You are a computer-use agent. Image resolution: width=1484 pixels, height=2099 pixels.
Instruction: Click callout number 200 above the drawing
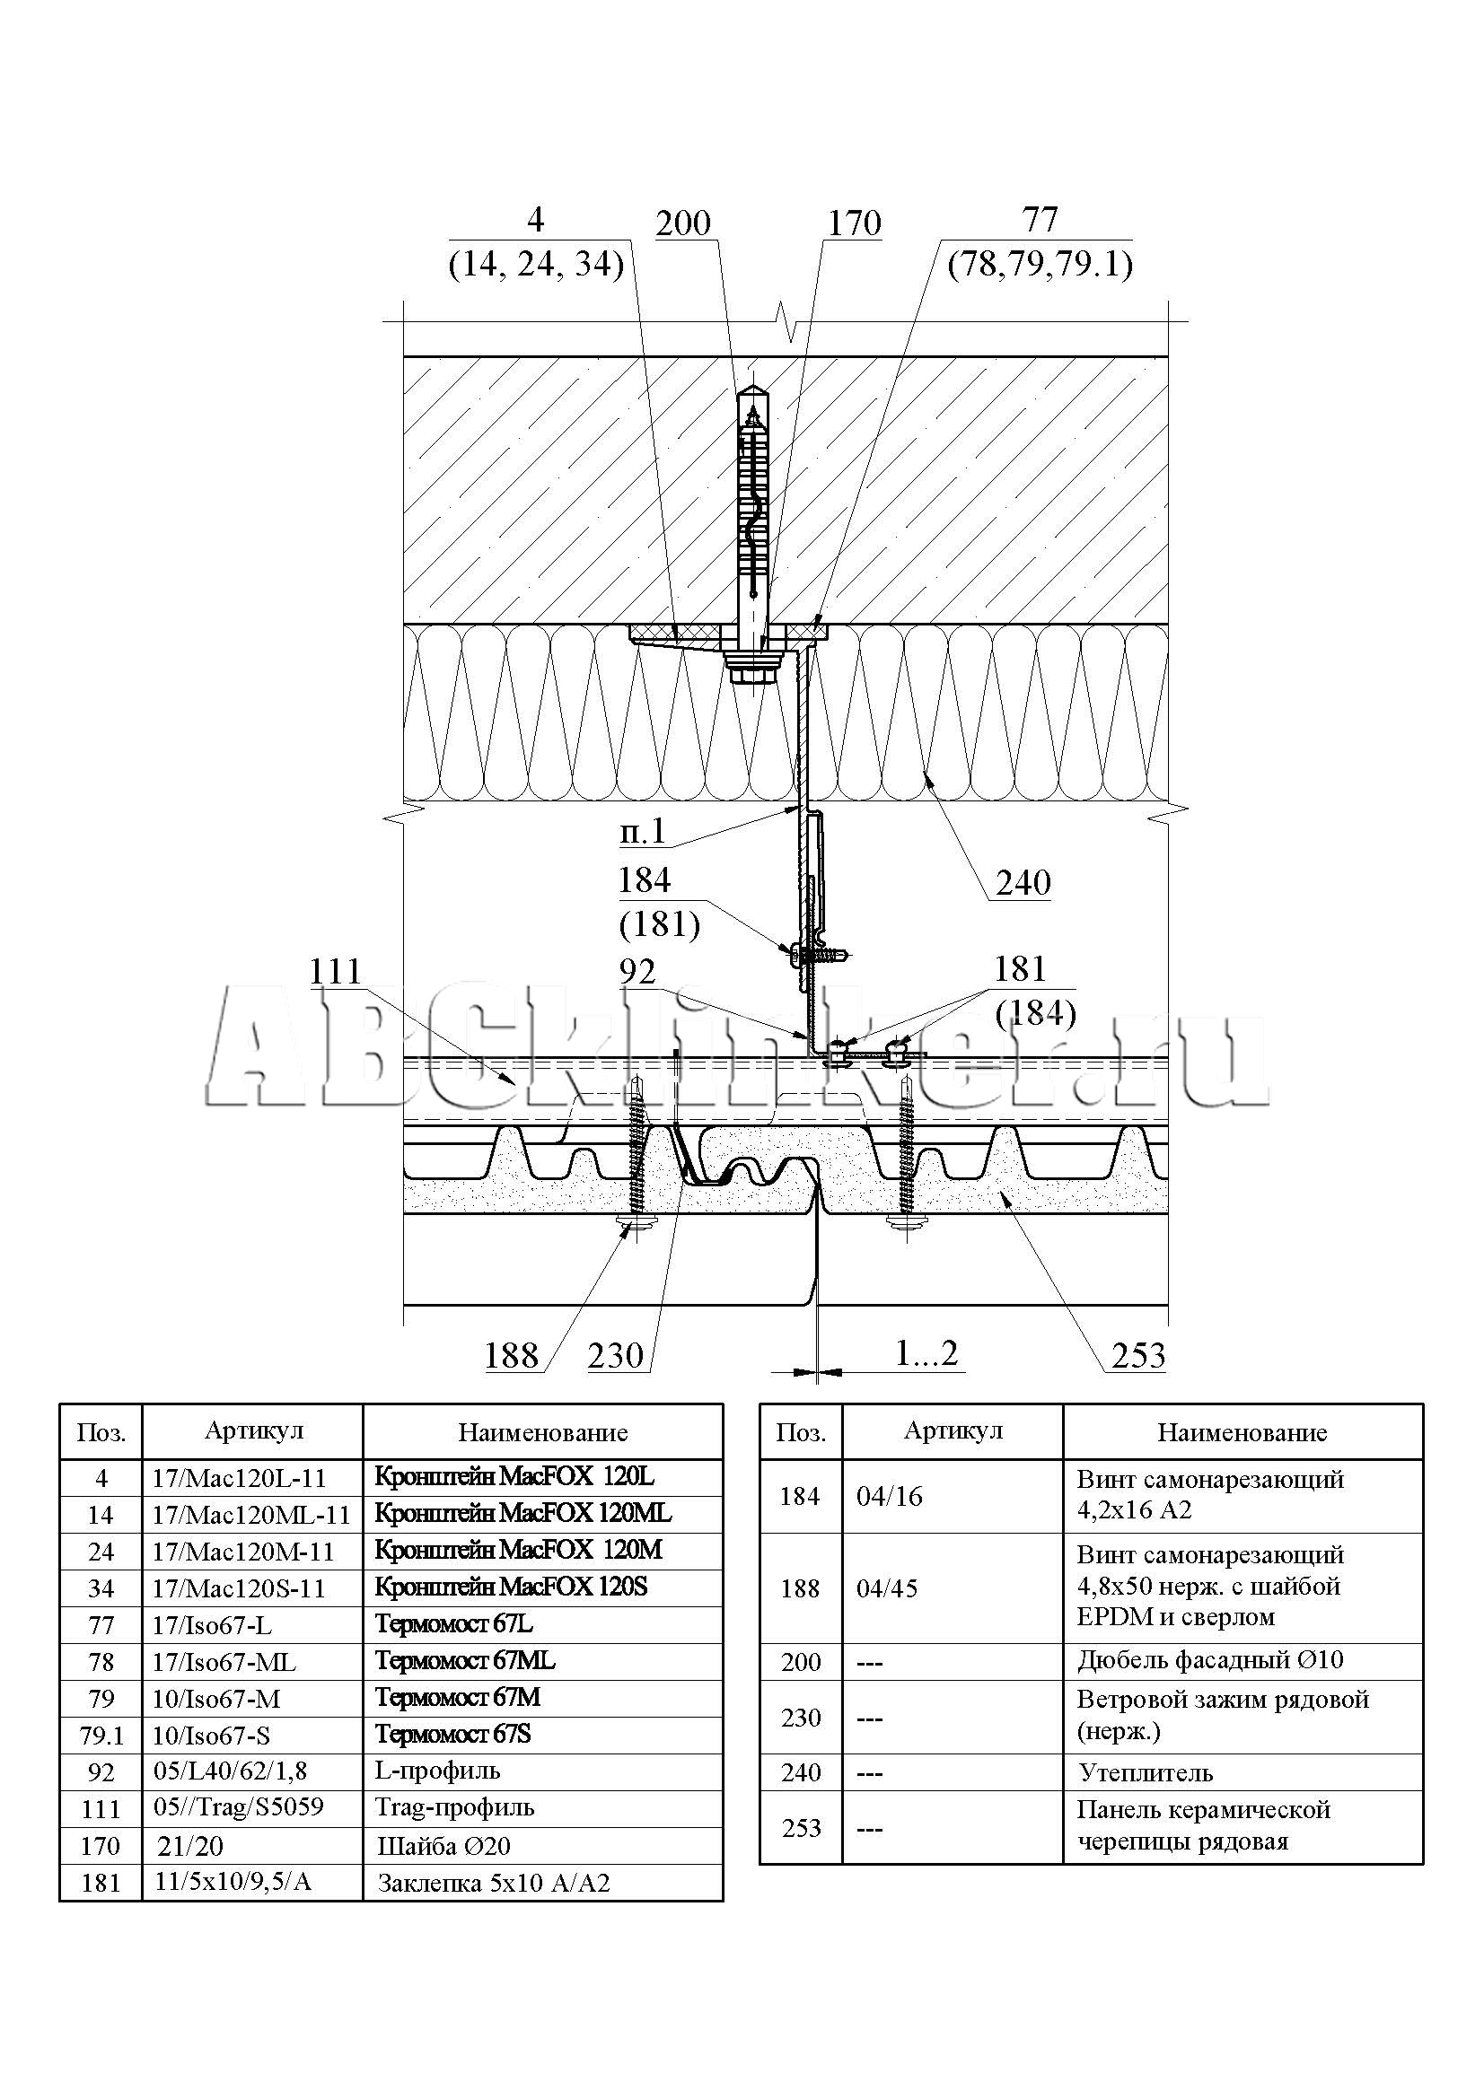[683, 223]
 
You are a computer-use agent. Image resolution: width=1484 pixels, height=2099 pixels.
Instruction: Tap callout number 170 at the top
[854, 223]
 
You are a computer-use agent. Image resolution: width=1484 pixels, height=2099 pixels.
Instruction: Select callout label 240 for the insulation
[1023, 883]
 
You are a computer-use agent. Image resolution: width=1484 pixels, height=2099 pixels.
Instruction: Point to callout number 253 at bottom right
[1138, 1356]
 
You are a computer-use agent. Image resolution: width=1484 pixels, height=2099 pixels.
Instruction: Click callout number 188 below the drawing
[511, 1356]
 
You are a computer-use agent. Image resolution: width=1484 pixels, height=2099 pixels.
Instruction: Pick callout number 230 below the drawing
[616, 1356]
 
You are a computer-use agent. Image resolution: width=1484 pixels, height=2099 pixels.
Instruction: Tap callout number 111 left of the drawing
[336, 972]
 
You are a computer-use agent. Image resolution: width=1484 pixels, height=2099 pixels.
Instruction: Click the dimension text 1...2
[926, 1354]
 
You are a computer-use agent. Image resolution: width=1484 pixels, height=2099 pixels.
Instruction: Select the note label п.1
[643, 832]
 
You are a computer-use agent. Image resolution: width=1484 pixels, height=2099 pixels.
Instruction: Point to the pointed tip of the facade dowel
[754, 389]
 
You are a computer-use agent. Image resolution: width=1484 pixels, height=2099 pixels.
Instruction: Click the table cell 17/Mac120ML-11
[251, 1516]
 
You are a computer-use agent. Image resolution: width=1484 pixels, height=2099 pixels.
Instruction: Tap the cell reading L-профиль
[438, 1771]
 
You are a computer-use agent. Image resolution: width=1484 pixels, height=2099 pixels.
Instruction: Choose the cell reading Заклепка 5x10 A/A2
[493, 1884]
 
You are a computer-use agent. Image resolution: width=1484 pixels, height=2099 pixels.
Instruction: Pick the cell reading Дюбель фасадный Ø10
[1209, 1660]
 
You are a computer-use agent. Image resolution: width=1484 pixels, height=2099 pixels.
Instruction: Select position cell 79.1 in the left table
[101, 1736]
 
